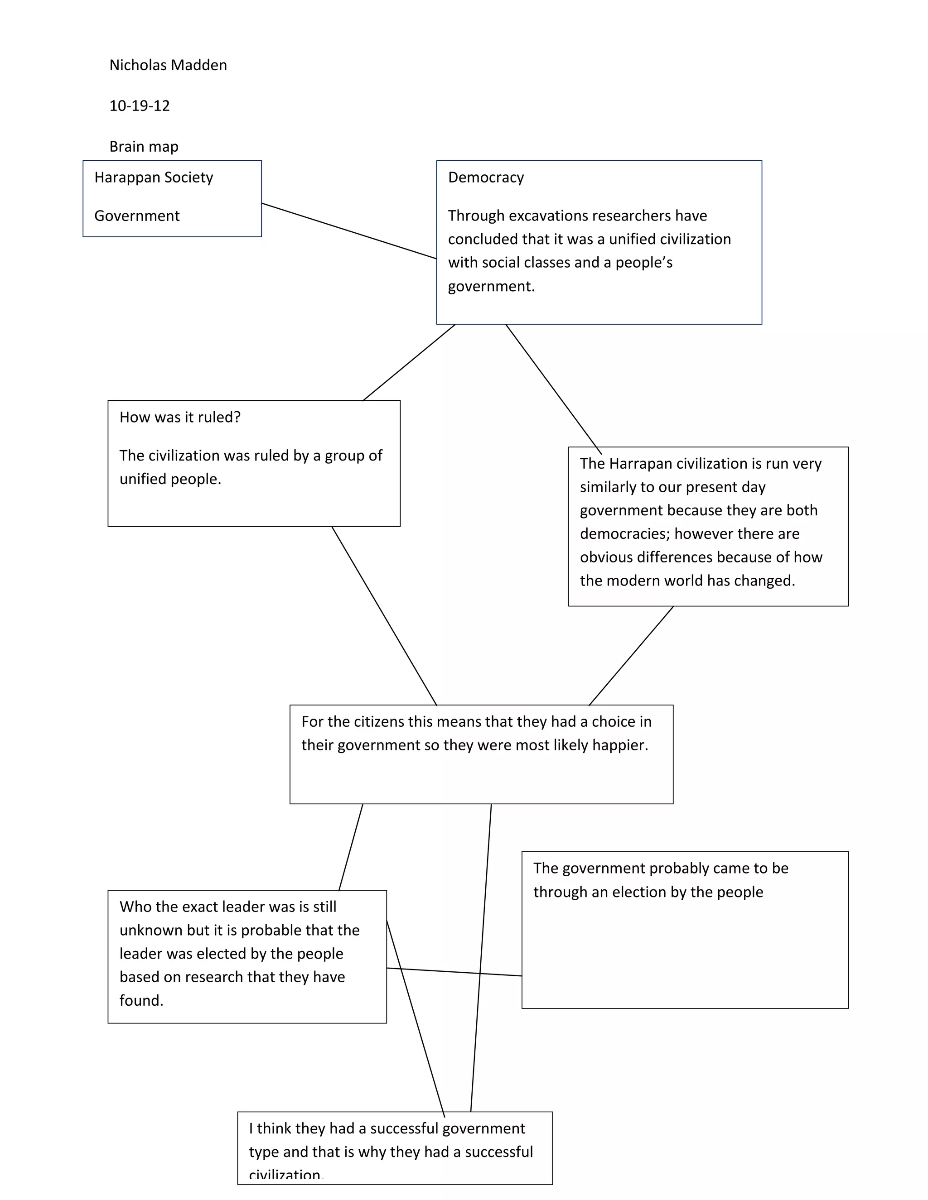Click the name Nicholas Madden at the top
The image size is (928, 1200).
point(168,65)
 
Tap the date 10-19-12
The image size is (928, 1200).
point(140,106)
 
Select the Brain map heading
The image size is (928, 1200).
point(144,147)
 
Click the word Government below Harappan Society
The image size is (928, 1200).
point(137,216)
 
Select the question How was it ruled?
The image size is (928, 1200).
point(180,418)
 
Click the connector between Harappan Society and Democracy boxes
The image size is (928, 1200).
point(349,231)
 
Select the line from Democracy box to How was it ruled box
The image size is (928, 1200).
point(409,363)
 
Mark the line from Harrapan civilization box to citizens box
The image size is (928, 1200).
point(631,656)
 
